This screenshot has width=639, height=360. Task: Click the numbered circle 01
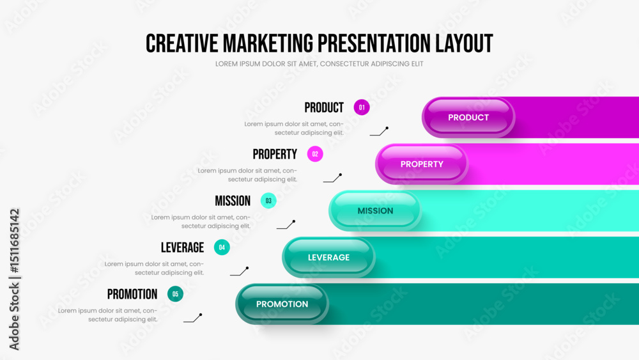point(362,107)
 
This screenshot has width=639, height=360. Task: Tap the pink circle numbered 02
point(315,154)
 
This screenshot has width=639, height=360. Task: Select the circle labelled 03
point(268,201)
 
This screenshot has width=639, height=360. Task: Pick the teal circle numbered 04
point(222,247)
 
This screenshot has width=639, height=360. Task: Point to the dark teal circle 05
point(175,294)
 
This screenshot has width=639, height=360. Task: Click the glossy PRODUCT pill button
point(468,118)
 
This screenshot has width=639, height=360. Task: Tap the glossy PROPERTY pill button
point(422,164)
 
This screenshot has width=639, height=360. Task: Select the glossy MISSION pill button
point(375,211)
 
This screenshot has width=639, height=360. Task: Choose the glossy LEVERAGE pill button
point(328,257)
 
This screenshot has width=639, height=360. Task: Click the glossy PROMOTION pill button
point(282,304)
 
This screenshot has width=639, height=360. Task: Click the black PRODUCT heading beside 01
point(324,107)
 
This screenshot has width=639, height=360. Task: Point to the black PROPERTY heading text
point(275,154)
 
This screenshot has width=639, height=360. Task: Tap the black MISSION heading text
point(233,201)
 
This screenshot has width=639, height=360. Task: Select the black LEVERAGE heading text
point(182,247)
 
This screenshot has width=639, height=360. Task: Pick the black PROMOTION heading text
point(132,294)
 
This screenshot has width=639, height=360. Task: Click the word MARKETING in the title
point(268,43)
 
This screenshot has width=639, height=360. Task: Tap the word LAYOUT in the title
point(464,43)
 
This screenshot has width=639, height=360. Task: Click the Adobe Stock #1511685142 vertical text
point(14,279)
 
